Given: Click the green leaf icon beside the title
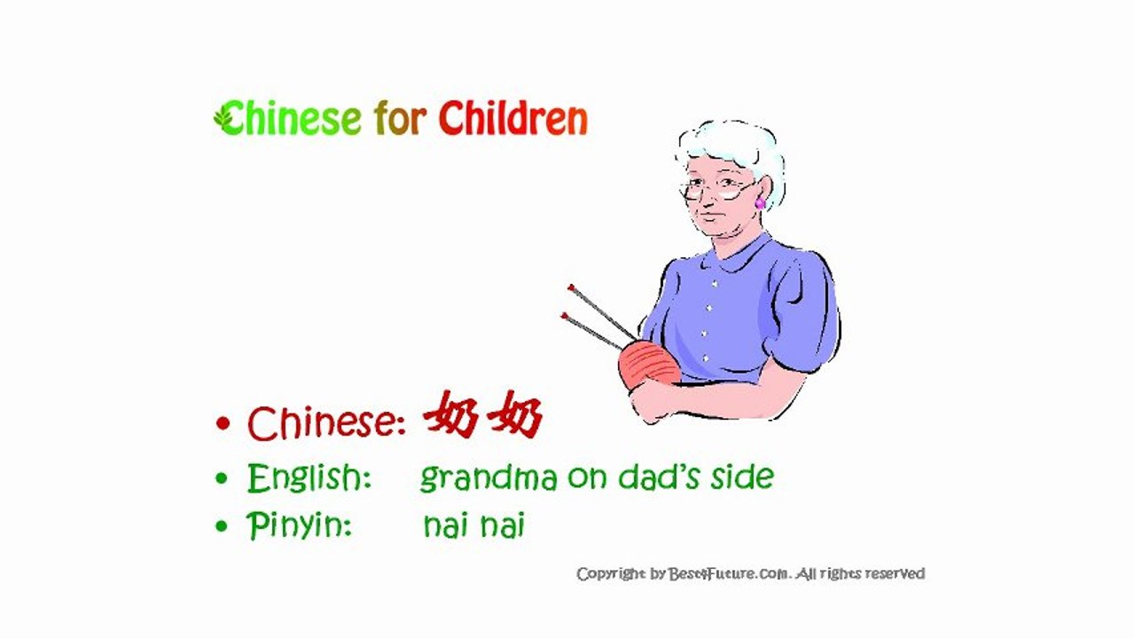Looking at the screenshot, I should tap(222, 116).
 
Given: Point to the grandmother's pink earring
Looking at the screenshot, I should tap(760, 203).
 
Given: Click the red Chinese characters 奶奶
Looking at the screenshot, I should tap(483, 417).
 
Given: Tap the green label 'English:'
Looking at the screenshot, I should tap(309, 479).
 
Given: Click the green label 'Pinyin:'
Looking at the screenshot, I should tap(300, 526).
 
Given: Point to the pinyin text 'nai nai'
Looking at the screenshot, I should tap(473, 525).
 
